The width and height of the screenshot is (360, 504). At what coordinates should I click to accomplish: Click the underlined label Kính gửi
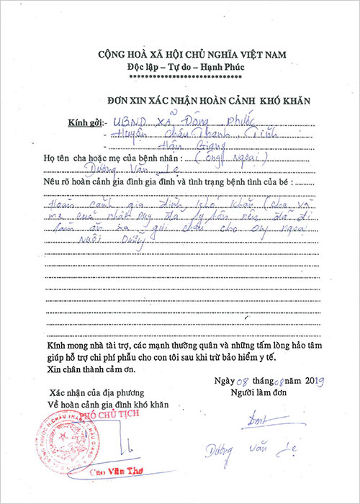pyautogui.click(x=81, y=123)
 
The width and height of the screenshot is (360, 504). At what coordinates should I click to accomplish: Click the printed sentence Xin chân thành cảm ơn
pyautogui.click(x=94, y=369)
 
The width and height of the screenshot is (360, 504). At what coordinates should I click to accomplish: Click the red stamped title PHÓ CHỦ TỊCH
pyautogui.click(x=102, y=415)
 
